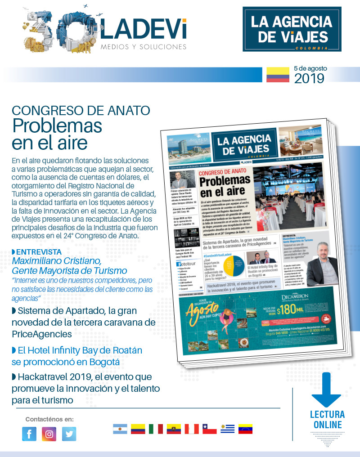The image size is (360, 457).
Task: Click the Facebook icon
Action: pos(29,434)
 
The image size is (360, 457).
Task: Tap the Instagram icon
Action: pos(49,434)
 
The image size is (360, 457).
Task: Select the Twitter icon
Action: pos(69,434)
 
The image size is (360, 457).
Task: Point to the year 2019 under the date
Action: pos(309,78)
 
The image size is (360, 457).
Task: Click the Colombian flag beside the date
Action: pos(277,75)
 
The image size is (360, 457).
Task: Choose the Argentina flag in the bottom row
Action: pos(120,429)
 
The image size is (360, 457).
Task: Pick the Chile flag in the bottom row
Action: pos(209,429)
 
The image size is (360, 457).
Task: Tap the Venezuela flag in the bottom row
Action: pos(245,429)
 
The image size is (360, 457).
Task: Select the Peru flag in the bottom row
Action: pos(192,429)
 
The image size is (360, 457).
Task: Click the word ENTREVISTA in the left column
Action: pos(38,251)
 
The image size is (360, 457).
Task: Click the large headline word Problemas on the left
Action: pos(57,125)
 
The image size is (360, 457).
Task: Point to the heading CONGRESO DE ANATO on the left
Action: pos(81,110)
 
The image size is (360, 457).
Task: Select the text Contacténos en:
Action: pos(49,419)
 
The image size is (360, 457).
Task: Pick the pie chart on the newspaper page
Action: pos(231,266)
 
